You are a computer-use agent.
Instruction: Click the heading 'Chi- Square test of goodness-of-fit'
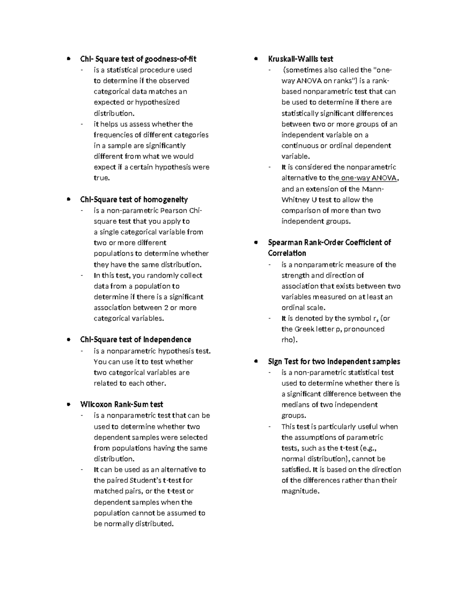(x=138, y=59)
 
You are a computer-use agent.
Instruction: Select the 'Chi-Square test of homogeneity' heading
(x=134, y=199)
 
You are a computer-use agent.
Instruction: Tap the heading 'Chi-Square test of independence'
(x=135, y=339)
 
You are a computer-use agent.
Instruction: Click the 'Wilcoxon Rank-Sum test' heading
(x=122, y=404)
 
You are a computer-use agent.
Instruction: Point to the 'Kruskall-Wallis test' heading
(x=300, y=59)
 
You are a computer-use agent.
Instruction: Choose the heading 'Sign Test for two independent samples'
(x=334, y=361)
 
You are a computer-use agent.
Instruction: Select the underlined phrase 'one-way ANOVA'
(x=369, y=178)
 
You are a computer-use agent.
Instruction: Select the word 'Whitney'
(x=293, y=200)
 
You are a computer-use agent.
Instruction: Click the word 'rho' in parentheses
(x=288, y=340)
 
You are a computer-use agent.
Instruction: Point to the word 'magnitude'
(x=299, y=491)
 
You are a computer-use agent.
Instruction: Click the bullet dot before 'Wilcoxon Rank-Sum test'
(x=68, y=405)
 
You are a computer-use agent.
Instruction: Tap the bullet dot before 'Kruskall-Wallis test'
(x=256, y=59)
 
